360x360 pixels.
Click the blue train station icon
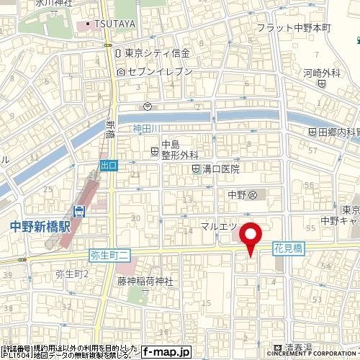click(x=79, y=210)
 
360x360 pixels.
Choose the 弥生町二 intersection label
click(x=109, y=255)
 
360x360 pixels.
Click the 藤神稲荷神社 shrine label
click(x=145, y=282)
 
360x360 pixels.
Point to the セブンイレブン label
click(x=159, y=72)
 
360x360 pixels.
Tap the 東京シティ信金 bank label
click(x=156, y=53)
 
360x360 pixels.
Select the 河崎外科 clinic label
click(x=321, y=73)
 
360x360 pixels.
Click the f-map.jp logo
click(x=165, y=352)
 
